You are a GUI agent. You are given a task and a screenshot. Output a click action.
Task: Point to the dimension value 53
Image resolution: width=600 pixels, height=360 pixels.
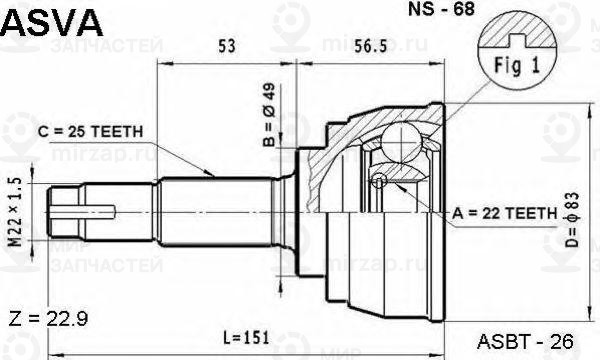pyautogui.click(x=227, y=44)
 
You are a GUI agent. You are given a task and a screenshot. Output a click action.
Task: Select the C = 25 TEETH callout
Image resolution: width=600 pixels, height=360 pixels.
pyautogui.click(x=91, y=131)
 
